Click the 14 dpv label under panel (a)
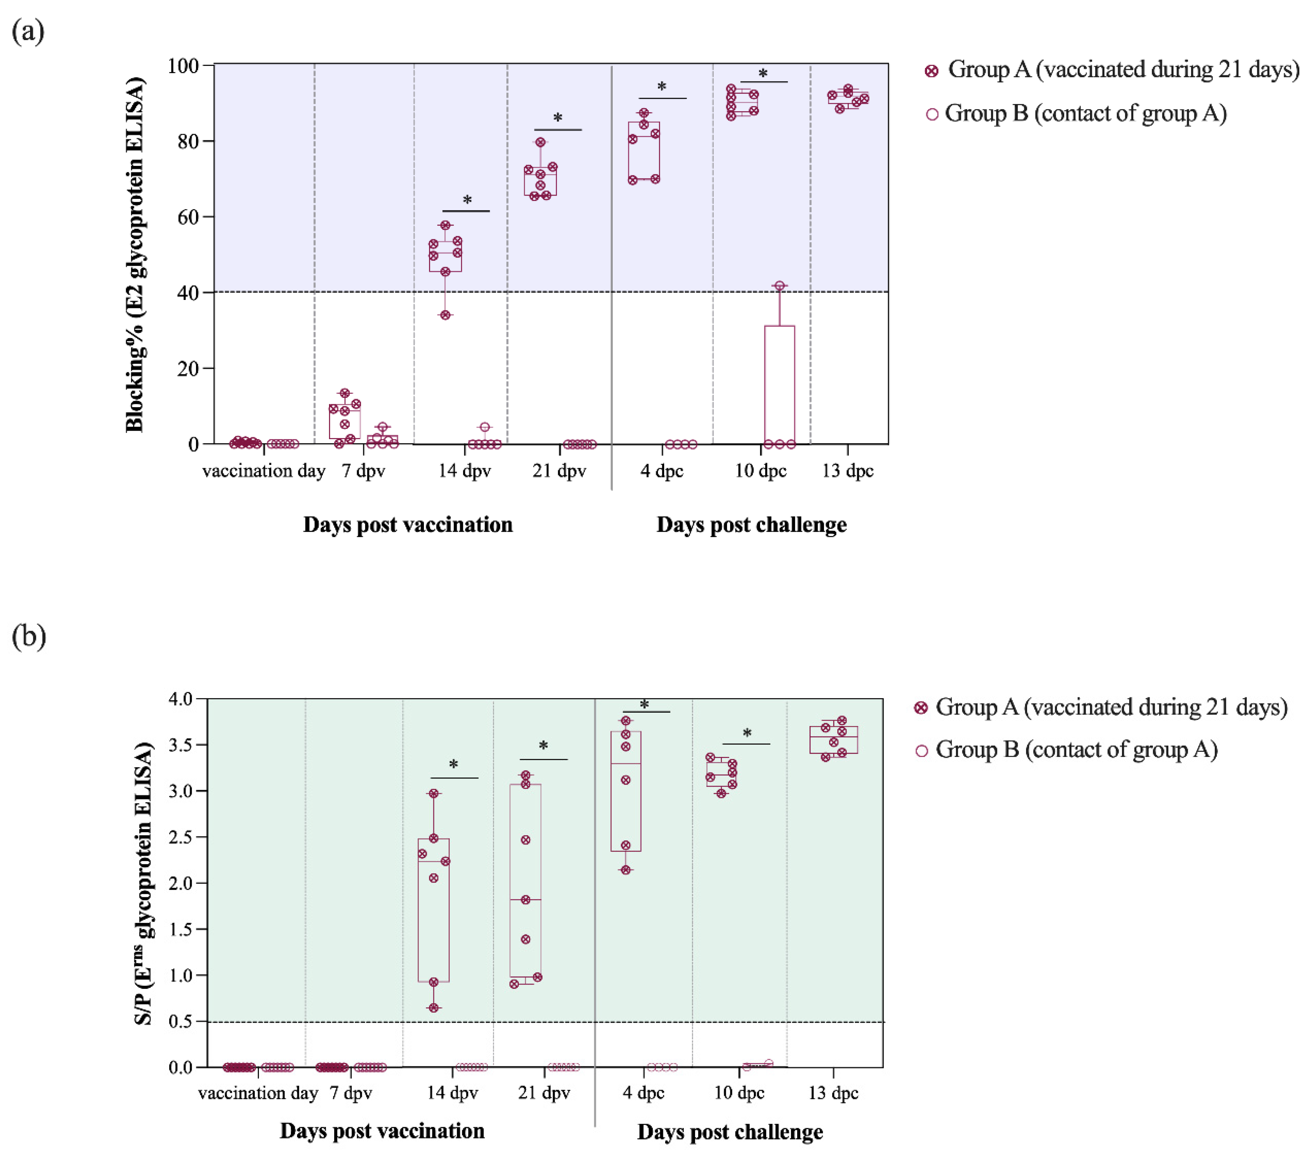[x=464, y=471]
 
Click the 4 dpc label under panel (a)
[x=662, y=471]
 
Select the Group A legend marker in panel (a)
[x=931, y=71]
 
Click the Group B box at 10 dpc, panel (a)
[x=779, y=384]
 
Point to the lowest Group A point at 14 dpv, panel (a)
[x=445, y=315]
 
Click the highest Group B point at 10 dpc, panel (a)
[x=779, y=285]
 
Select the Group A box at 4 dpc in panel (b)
[x=625, y=791]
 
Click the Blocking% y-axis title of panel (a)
[x=135, y=255]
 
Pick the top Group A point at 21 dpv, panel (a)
[x=541, y=142]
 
